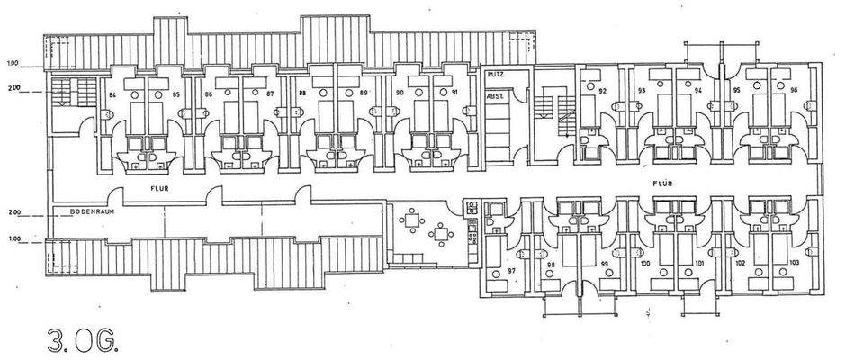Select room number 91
(455, 94)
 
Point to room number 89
(364, 94)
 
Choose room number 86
(210, 94)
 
